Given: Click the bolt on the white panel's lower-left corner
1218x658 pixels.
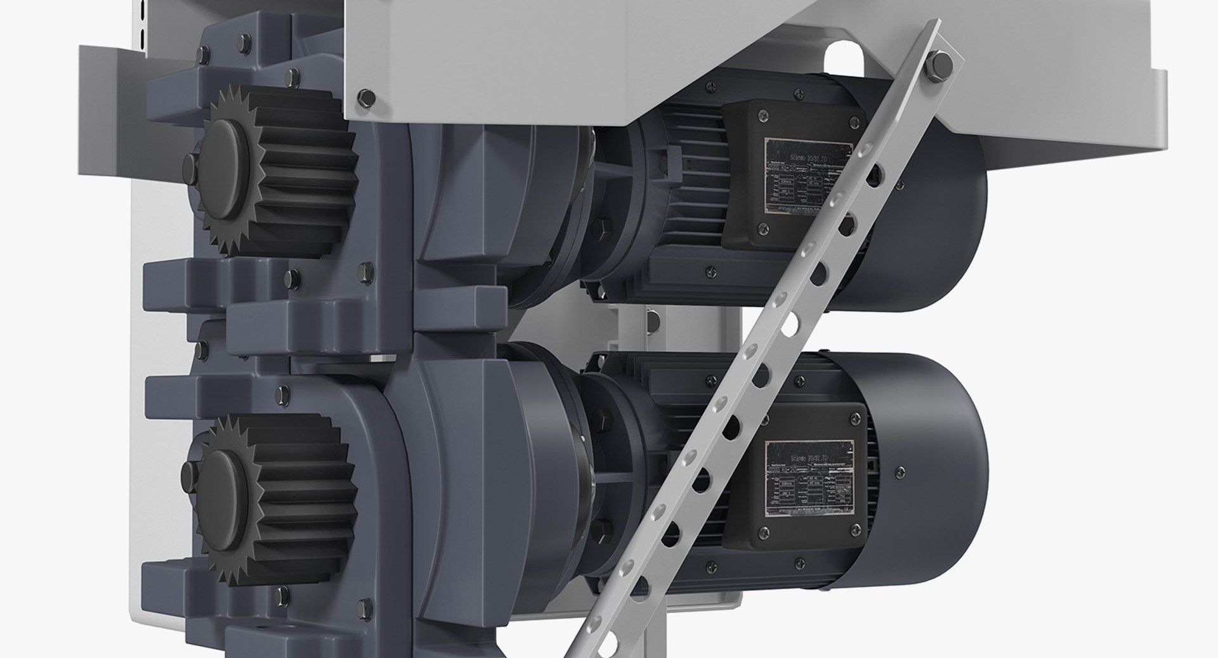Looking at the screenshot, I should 364,98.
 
